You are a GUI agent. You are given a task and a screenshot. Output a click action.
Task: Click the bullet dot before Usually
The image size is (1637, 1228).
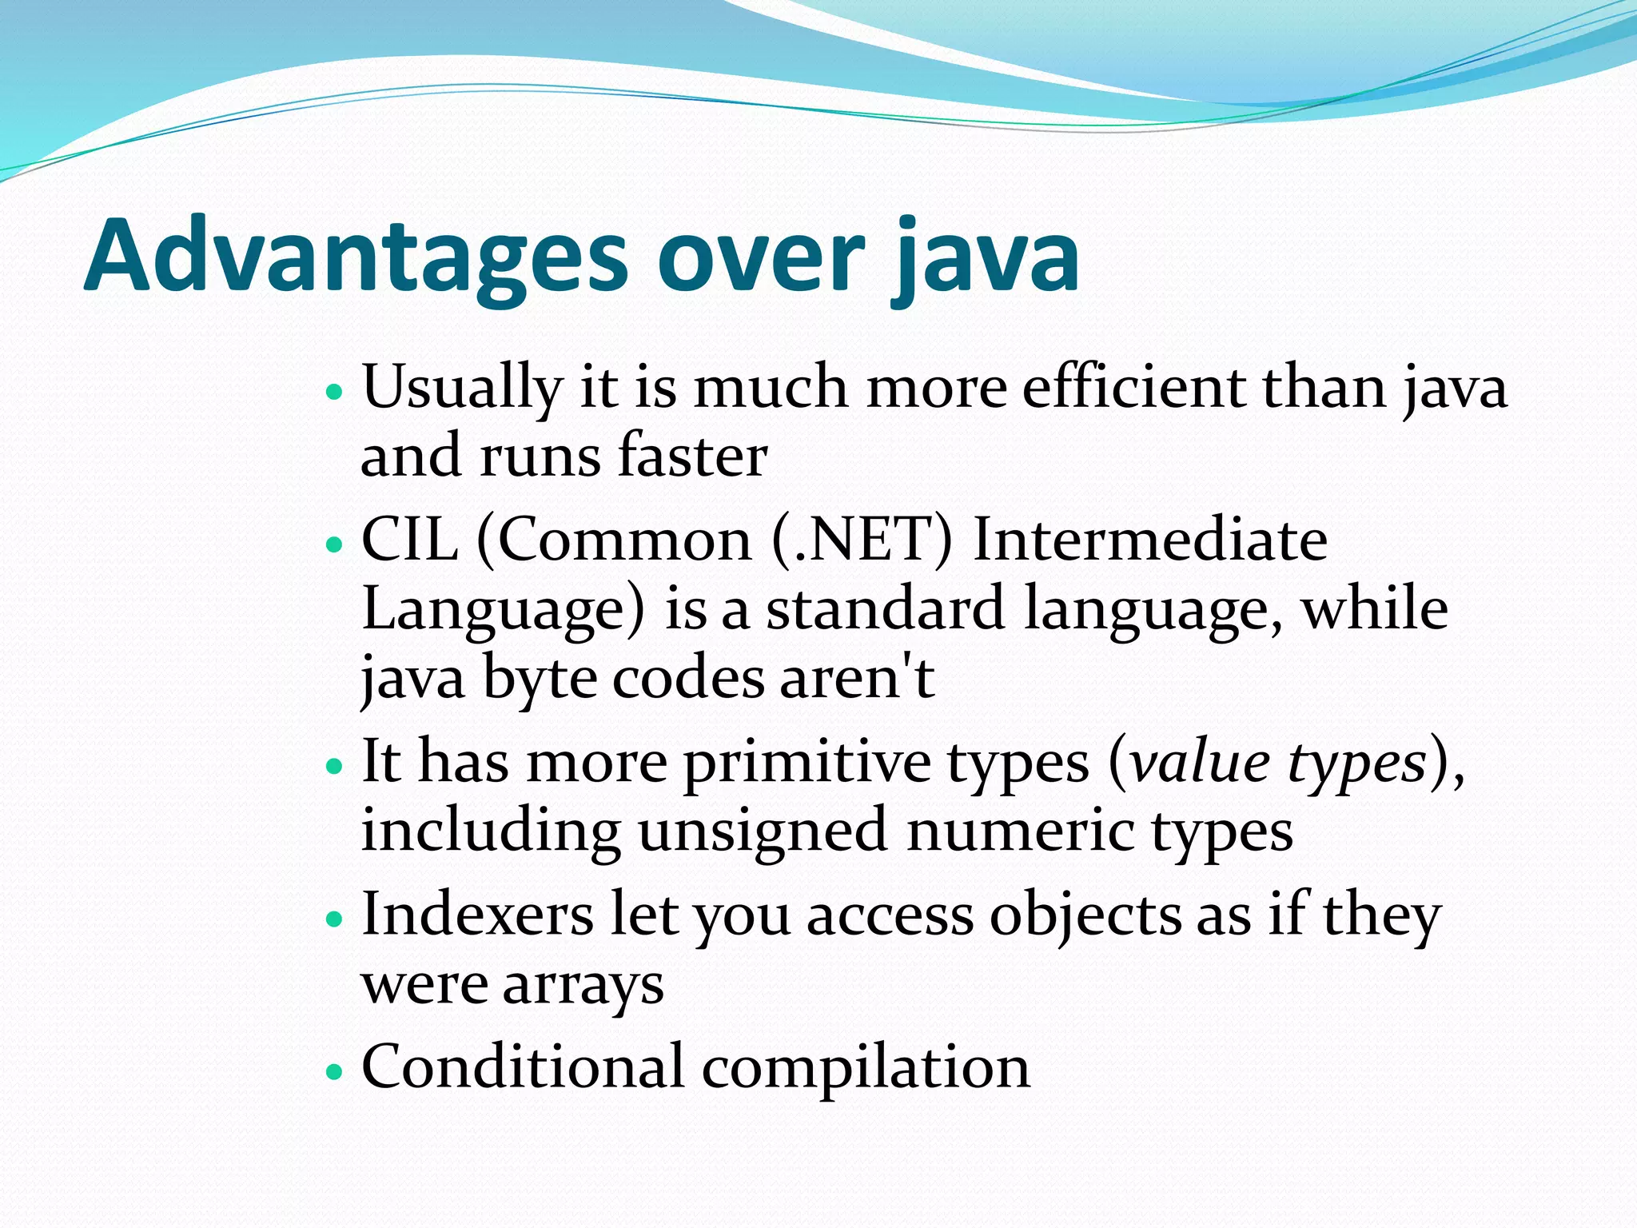tap(335, 393)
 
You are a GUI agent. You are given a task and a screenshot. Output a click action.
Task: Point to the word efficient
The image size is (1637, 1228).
tap(1133, 388)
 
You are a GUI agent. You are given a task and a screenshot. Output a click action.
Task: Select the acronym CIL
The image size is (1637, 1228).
tap(410, 540)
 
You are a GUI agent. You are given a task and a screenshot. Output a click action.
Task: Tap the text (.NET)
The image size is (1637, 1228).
tap(862, 540)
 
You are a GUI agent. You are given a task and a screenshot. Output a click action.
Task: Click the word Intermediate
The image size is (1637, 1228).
tap(1150, 540)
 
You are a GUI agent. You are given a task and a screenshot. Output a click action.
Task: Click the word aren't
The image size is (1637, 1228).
tap(856, 678)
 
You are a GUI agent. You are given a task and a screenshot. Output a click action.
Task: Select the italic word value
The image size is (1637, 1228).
tap(1200, 762)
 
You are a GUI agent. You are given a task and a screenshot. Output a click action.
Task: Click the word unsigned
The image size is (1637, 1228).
tap(763, 832)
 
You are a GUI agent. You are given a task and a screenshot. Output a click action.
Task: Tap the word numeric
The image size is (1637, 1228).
tap(1020, 831)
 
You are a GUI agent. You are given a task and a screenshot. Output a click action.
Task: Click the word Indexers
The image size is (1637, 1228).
tap(477, 914)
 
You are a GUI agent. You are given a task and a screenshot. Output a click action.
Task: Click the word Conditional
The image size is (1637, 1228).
tap(523, 1067)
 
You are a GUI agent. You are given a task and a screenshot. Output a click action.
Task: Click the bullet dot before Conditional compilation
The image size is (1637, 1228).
tap(335, 1072)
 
